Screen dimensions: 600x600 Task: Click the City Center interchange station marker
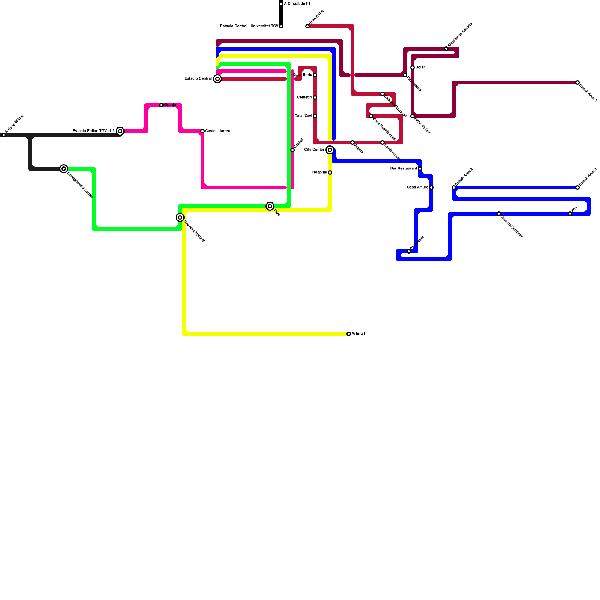330,150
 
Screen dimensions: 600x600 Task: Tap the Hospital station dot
330,172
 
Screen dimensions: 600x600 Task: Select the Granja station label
170,105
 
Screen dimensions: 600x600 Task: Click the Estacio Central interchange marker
217,79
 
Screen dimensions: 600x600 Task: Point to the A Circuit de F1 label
297,4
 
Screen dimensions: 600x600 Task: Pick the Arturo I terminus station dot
349,334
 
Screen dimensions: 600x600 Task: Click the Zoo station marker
570,214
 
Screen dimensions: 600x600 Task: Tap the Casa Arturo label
417,187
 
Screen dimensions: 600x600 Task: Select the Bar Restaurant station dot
420,169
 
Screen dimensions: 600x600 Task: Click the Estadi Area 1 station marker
577,82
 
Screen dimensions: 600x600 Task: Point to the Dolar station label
420,67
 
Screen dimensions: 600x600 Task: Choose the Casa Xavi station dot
315,116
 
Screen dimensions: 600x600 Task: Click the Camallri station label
304,97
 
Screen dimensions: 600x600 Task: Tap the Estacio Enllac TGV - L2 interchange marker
120,131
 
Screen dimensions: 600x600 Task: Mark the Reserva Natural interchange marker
180,217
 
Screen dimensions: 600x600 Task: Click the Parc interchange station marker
270,206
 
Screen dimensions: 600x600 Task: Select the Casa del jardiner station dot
499,214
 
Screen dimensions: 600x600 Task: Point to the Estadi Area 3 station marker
577,187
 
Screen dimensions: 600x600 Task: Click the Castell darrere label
218,131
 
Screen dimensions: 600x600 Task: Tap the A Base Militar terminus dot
4,135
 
